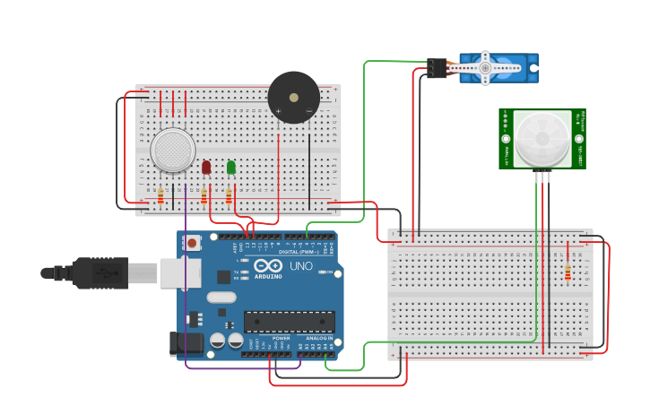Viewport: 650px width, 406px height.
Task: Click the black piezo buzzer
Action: point(292,98)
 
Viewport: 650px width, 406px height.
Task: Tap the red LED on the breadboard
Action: point(206,168)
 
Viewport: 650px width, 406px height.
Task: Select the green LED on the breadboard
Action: point(231,167)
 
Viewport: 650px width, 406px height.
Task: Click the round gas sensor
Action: point(173,150)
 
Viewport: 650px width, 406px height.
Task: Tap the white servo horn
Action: point(485,68)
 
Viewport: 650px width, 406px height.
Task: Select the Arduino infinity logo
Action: point(268,266)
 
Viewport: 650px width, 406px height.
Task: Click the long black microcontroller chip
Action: point(289,322)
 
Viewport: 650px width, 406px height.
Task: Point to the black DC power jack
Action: point(185,342)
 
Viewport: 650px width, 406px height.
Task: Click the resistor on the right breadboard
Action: point(568,272)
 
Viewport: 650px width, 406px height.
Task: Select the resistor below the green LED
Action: point(229,195)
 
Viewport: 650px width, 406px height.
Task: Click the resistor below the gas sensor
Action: point(160,195)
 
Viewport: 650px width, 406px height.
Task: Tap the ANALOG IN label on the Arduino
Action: point(318,338)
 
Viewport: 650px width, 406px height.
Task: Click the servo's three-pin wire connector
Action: point(438,68)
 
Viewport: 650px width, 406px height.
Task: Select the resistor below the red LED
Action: point(204,195)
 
